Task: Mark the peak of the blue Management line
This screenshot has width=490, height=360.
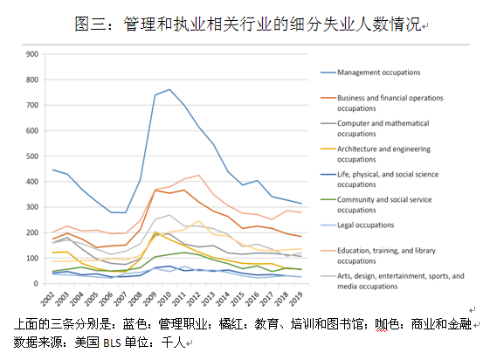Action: (169, 89)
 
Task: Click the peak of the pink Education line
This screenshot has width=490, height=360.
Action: (198, 176)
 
